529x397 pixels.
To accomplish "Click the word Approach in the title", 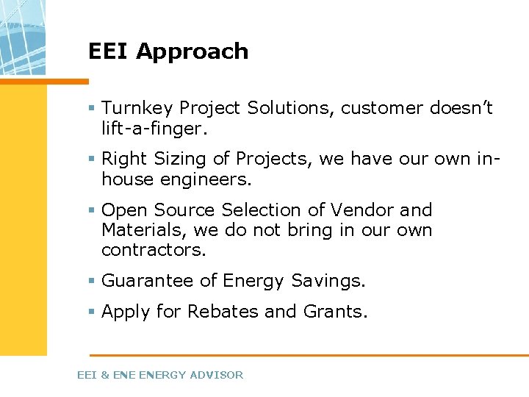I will (x=192, y=52).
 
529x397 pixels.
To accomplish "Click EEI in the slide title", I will (x=109, y=51).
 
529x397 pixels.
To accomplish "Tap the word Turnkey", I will (x=137, y=109).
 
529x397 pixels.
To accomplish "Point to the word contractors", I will (x=154, y=250).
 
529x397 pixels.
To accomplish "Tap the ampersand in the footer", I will (x=104, y=375).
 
